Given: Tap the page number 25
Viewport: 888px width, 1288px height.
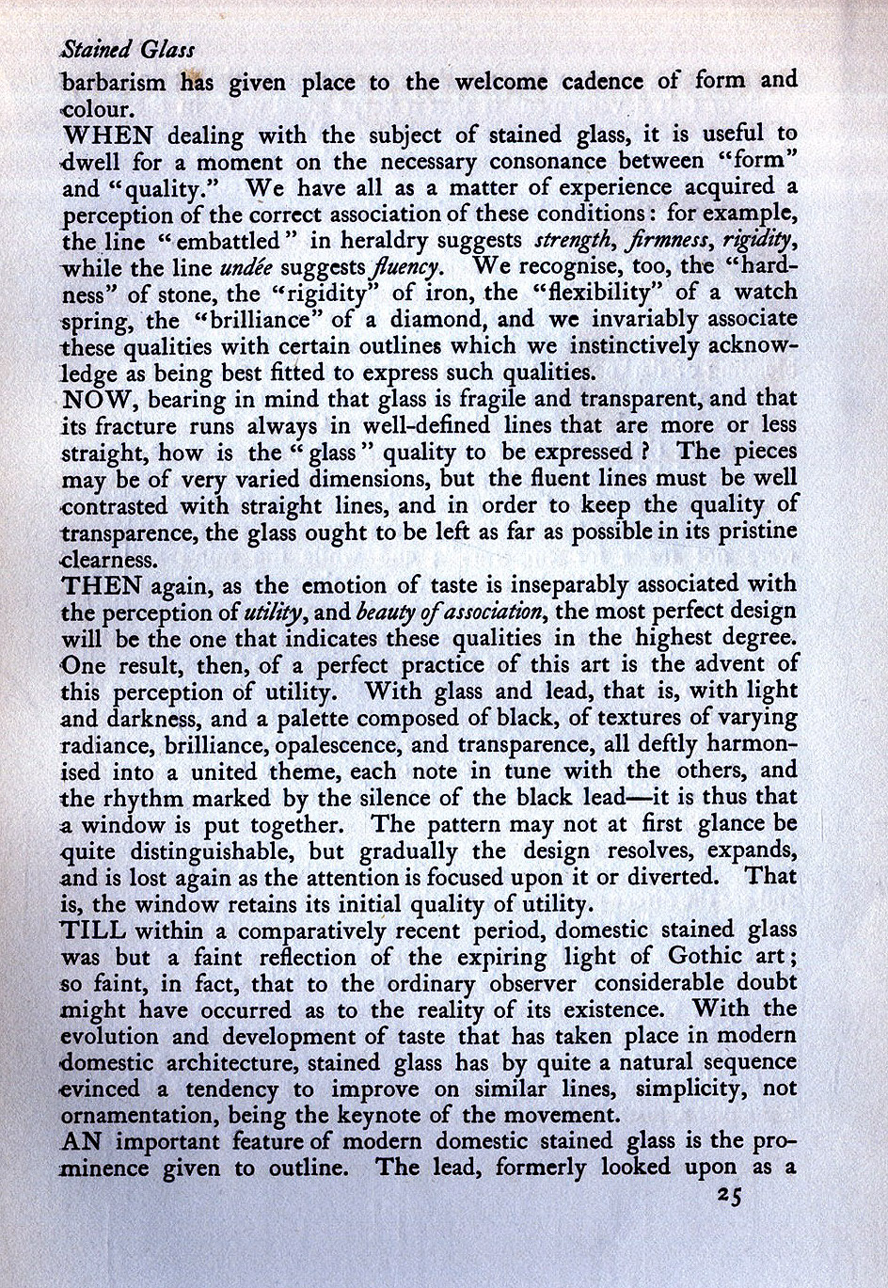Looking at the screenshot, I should point(728,1196).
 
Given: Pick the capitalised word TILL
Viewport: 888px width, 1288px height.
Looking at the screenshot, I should point(93,930).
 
